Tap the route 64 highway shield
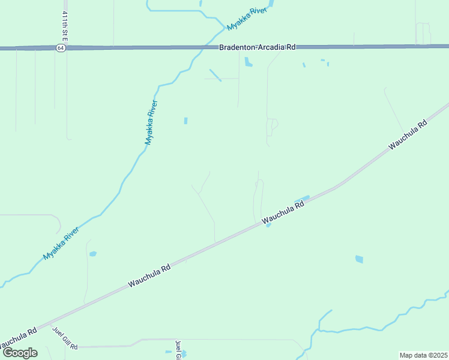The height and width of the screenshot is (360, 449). click(61, 48)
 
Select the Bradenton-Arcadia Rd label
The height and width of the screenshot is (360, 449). click(257, 47)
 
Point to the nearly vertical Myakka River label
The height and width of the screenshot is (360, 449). click(151, 122)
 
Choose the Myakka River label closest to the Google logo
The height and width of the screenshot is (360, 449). click(61, 244)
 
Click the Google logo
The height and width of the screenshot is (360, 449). click(20, 352)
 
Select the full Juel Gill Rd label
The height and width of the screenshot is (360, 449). click(65, 338)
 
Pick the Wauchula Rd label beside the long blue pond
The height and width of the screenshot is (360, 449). click(283, 213)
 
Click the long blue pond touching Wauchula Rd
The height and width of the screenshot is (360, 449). click(301, 199)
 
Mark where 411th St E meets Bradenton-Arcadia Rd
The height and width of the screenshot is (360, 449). click(65, 48)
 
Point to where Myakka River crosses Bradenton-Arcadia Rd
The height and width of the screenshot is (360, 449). click(206, 47)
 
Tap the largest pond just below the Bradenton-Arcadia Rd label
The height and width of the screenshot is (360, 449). click(248, 61)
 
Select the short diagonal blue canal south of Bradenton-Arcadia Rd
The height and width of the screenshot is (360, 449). click(215, 75)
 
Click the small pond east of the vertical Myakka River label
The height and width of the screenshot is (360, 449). click(185, 121)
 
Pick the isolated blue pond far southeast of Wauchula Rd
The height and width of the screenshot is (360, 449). click(359, 259)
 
